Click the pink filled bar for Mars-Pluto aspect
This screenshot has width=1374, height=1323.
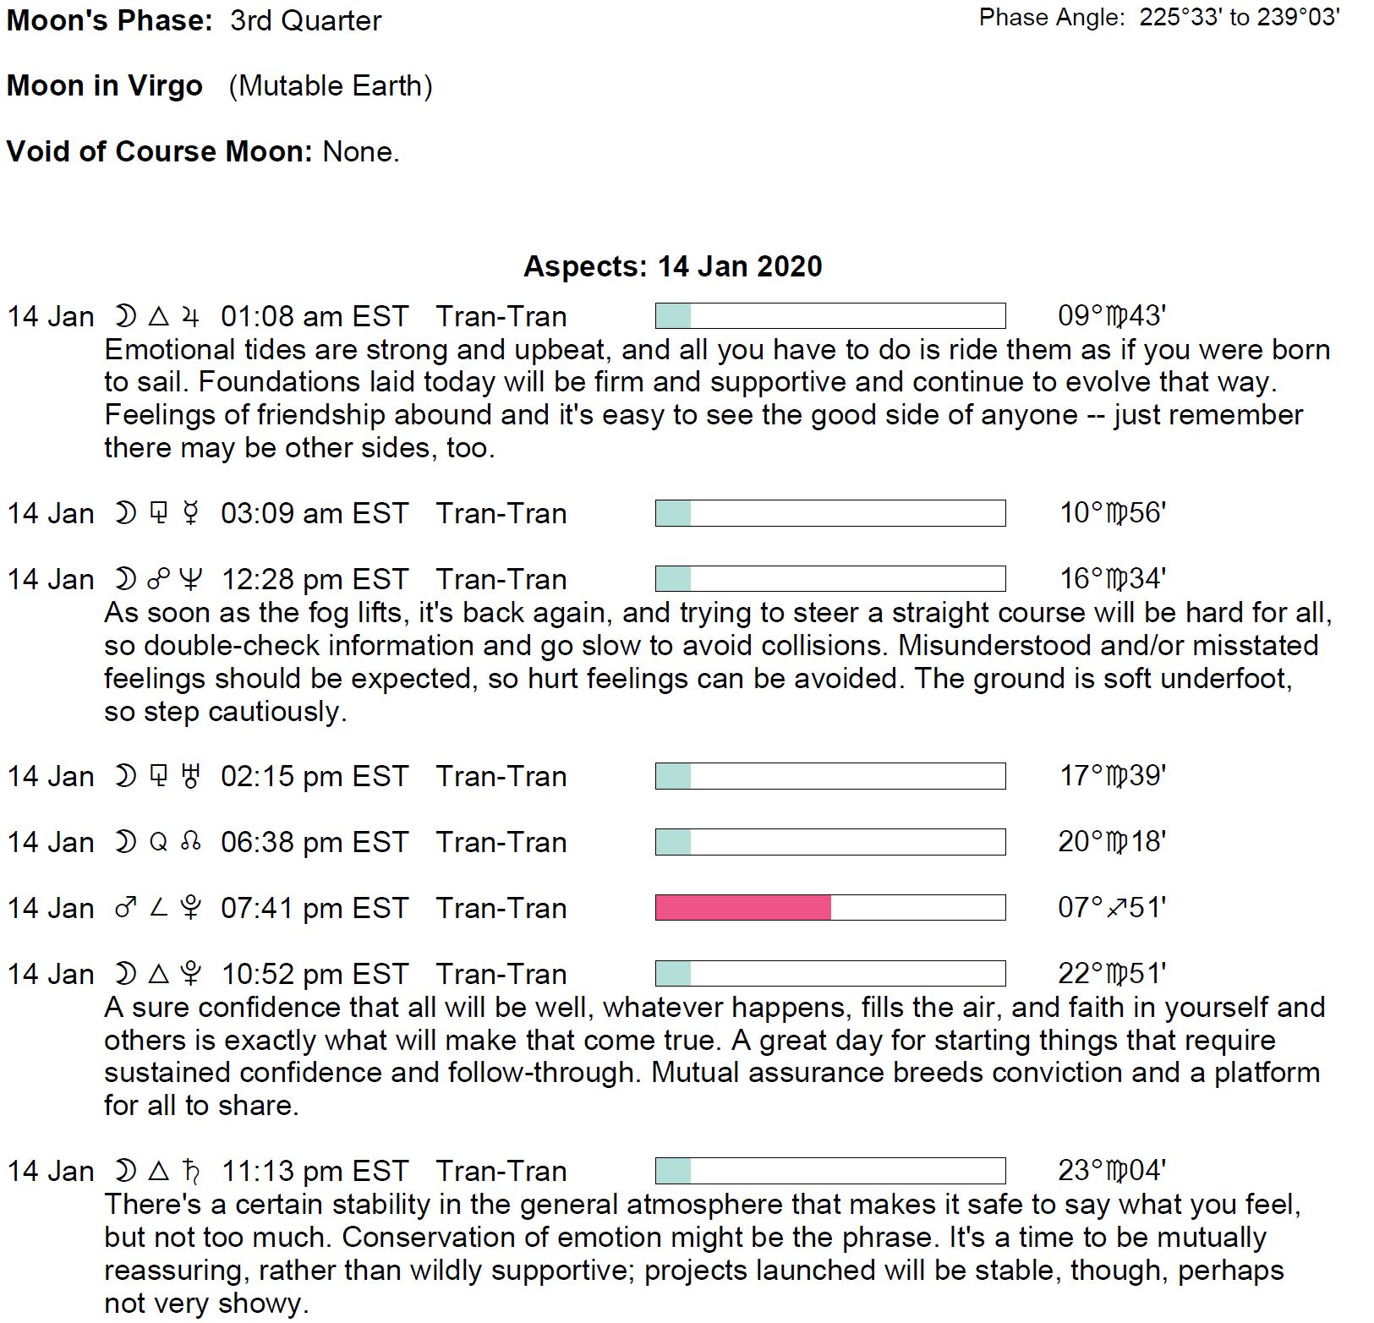point(742,907)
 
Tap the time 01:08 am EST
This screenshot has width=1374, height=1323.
point(315,316)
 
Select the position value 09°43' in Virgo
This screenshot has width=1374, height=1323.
point(1111,316)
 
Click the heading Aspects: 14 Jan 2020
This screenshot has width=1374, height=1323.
point(672,266)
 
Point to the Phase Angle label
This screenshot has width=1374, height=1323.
point(1051,18)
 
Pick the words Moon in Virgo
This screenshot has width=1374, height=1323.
point(105,85)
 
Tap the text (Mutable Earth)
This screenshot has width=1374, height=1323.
point(331,85)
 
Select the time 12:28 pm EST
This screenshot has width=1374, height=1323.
point(315,579)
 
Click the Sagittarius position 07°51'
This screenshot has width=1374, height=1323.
point(1111,907)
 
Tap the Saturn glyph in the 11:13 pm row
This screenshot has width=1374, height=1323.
point(192,1171)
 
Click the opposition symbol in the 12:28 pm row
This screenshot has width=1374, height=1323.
point(158,579)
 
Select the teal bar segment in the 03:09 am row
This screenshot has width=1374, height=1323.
point(673,513)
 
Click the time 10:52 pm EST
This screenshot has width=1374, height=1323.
point(315,974)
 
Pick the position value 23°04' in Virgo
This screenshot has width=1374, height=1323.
point(1111,1171)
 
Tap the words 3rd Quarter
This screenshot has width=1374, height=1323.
point(305,20)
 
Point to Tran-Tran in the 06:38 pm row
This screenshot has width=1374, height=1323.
point(501,842)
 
